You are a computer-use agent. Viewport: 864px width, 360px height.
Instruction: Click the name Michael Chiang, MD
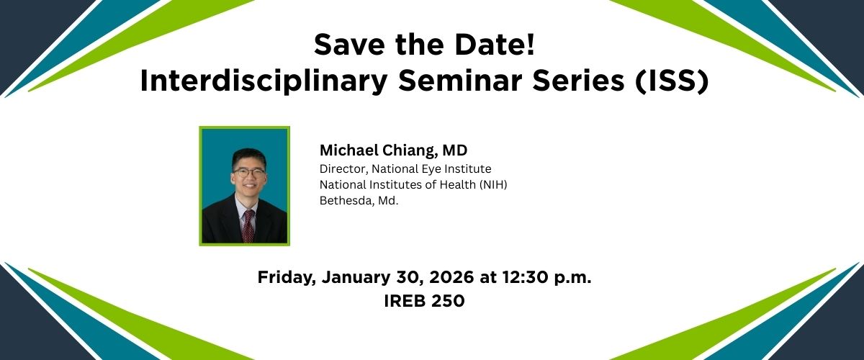tap(393, 150)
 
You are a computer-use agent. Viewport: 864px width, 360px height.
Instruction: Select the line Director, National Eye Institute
tap(405, 168)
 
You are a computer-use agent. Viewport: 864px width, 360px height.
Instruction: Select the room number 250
tap(448, 301)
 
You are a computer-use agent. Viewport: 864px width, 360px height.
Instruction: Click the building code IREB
tap(405, 301)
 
